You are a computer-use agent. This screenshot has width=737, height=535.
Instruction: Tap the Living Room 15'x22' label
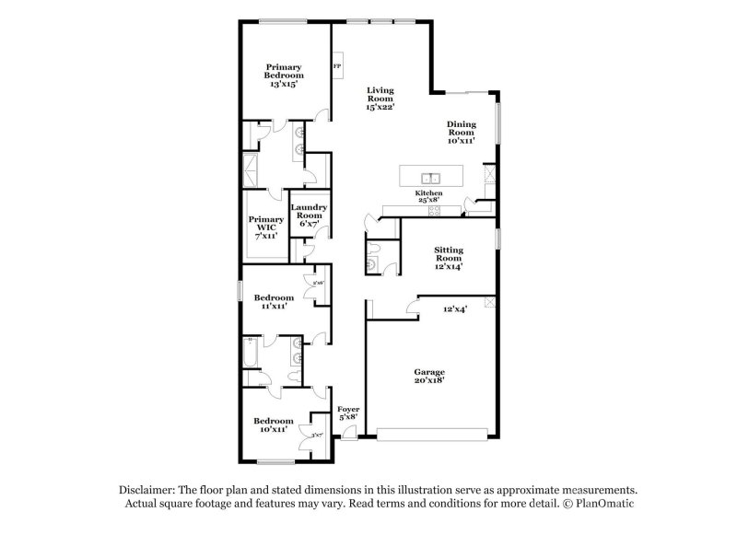pyautogui.click(x=380, y=99)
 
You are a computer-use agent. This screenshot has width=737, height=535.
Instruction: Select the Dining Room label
pyautogui.click(x=462, y=133)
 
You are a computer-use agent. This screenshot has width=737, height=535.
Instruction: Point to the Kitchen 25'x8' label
pyautogui.click(x=429, y=197)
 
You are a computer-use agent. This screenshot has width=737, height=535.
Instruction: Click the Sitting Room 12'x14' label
pyautogui.click(x=449, y=258)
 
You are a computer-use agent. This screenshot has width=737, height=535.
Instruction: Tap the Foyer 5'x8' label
pyautogui.click(x=347, y=413)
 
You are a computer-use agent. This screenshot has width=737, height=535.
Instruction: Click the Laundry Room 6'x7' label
pyautogui.click(x=309, y=216)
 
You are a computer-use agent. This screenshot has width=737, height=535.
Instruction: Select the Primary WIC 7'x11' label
pyautogui.click(x=265, y=227)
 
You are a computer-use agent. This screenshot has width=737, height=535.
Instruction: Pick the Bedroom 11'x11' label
pyautogui.click(x=274, y=302)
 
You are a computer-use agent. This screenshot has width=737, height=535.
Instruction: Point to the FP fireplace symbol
pyautogui.click(x=337, y=67)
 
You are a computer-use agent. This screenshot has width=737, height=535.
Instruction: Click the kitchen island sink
pyautogui.click(x=429, y=177)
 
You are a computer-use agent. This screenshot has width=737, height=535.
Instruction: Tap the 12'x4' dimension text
pyautogui.click(x=455, y=309)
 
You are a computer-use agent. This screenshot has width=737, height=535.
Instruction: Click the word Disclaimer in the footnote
pyautogui.click(x=150, y=491)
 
